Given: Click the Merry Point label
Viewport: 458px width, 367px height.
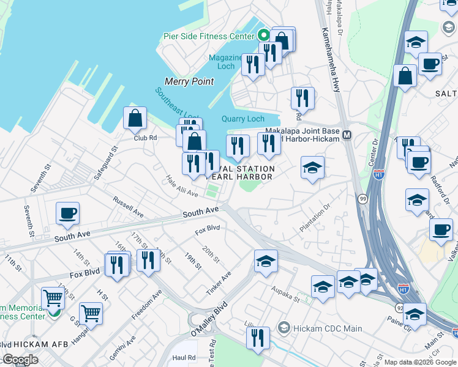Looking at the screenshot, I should [189, 81].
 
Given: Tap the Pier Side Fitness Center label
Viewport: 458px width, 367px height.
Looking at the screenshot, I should [209, 36].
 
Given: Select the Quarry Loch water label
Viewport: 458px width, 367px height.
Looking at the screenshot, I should [243, 119].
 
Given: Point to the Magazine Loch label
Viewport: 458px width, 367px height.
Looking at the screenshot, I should [226, 62].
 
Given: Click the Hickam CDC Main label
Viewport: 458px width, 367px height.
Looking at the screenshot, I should [318, 328].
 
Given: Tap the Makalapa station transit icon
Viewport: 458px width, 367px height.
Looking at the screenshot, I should [347, 135].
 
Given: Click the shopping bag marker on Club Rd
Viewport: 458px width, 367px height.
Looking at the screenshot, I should [135, 119].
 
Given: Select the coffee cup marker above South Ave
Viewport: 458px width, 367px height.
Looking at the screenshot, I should [67, 213].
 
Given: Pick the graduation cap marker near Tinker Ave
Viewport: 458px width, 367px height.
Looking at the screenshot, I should [266, 261].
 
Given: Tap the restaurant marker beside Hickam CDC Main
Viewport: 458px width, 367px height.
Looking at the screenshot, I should [258, 338].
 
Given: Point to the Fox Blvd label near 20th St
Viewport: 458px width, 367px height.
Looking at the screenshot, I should [207, 231].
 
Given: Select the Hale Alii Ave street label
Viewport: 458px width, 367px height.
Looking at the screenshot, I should [182, 186].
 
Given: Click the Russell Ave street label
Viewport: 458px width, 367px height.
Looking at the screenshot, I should [128, 207].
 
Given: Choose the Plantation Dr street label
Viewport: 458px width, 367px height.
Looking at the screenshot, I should [315, 218].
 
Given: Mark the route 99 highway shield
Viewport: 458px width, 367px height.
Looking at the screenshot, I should [363, 199].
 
